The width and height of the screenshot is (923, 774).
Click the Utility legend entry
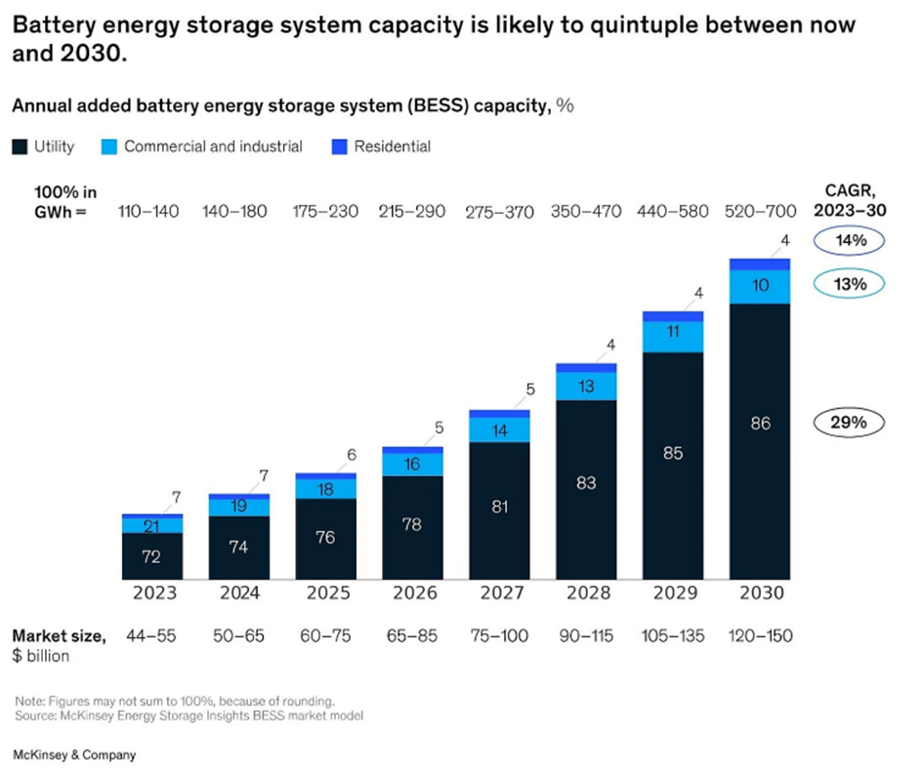(x=44, y=146)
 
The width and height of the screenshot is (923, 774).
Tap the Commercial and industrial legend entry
(x=202, y=146)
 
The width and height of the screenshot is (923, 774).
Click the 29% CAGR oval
(x=848, y=423)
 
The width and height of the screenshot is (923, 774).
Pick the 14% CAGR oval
(x=848, y=239)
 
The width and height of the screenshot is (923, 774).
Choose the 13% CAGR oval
(x=848, y=284)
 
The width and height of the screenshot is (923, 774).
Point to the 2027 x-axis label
(x=499, y=591)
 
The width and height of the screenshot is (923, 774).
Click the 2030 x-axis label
(x=759, y=591)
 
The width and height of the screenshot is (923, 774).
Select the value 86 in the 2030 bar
(x=759, y=424)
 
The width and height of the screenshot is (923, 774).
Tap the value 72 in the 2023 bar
(x=151, y=557)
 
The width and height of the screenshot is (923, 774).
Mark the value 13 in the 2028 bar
(x=586, y=387)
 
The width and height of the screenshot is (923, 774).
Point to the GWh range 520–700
(x=759, y=211)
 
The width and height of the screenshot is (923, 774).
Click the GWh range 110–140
(x=148, y=211)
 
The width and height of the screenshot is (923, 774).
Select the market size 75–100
(x=499, y=636)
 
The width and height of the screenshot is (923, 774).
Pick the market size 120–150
(x=759, y=636)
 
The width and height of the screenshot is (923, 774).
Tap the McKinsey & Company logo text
(x=74, y=754)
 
